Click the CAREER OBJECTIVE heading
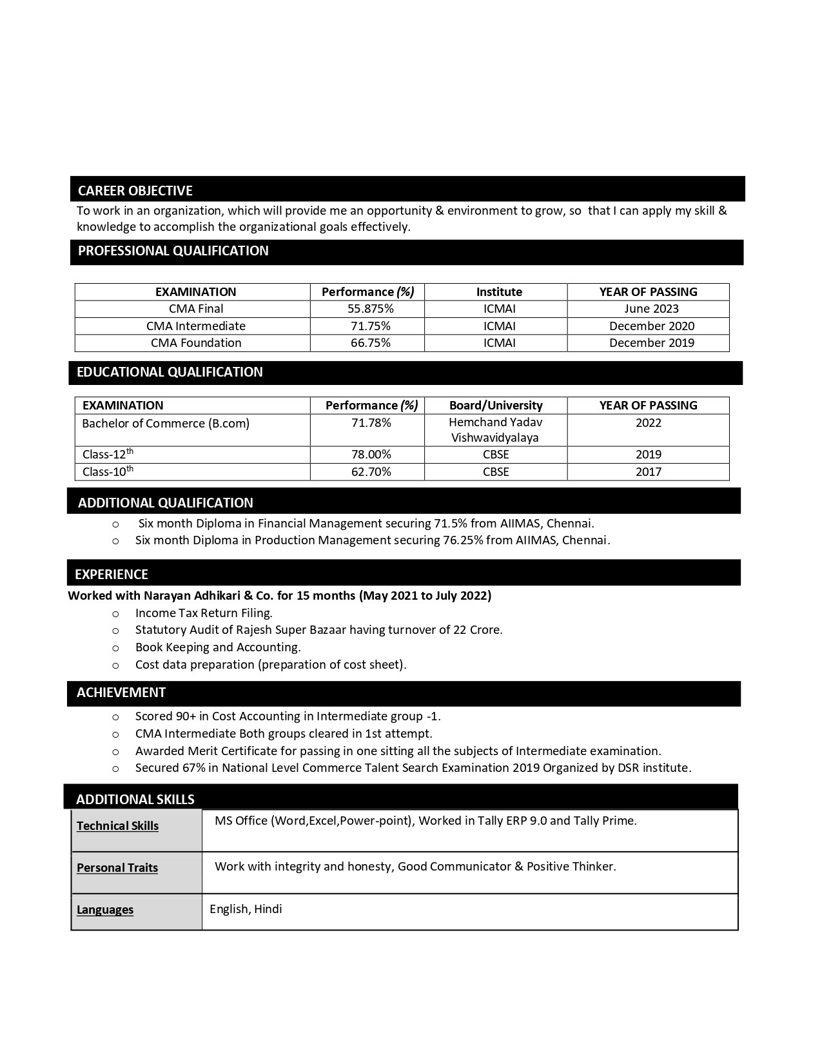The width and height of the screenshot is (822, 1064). (135, 191)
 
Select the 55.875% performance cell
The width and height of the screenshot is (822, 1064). (370, 309)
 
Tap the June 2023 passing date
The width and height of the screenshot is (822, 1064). (651, 309)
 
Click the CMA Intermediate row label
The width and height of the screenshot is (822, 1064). (196, 326)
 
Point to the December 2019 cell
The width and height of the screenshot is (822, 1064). (651, 343)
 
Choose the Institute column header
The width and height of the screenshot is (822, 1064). (499, 292)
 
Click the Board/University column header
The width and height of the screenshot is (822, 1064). (496, 406)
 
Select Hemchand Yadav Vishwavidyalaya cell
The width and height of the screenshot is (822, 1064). (496, 430)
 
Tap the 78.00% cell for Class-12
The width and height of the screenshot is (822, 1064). (371, 455)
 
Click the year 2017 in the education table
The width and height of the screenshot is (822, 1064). (648, 472)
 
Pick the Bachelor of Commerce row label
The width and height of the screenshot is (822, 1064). (166, 424)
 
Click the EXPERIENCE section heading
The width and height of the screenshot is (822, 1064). (112, 575)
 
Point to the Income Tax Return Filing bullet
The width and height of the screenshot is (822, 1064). (204, 613)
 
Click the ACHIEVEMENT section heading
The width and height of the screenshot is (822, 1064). (121, 693)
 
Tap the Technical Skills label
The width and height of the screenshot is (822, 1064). (117, 826)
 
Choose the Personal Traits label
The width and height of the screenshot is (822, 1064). (117, 868)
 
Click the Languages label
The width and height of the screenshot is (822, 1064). (105, 910)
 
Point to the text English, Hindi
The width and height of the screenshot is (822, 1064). (246, 909)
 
